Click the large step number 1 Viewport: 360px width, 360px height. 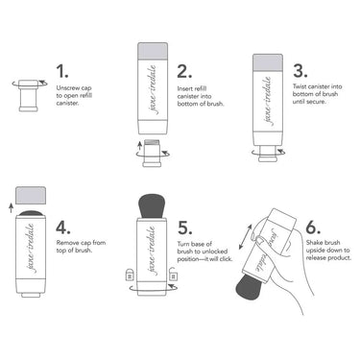click(63, 72)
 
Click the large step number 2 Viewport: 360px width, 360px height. click(184, 72)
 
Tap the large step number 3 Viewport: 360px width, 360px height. click(300, 72)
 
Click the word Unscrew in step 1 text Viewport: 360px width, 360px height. click(69, 92)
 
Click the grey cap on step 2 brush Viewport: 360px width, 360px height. click(153, 48)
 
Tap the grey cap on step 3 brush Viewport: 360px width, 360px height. click(271, 61)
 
